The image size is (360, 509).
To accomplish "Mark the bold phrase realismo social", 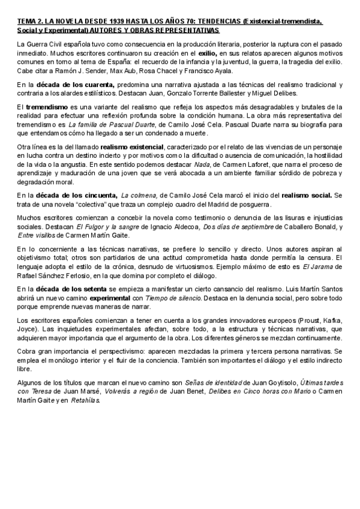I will point(307,196).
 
